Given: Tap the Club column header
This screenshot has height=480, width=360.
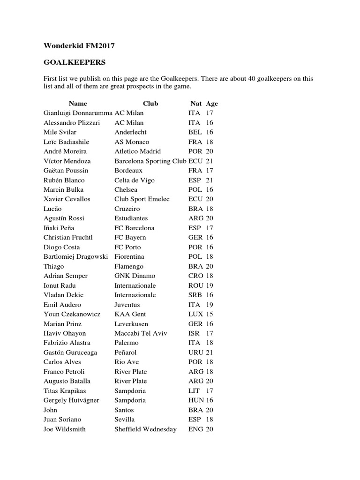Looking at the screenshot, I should coord(150,104).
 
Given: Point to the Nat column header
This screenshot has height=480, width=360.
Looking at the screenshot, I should coord(196,104).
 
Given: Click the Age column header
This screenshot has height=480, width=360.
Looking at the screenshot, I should coord(212,104).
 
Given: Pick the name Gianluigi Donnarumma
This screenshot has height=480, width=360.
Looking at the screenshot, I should coord(78,113).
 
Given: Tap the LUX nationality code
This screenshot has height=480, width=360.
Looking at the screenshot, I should coord(195,314).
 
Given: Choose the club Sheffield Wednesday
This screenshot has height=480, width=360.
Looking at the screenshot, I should coord(145,429).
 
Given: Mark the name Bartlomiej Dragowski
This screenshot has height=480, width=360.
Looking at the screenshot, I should coord(75,256).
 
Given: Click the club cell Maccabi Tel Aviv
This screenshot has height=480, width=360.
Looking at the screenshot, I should coord(141,333).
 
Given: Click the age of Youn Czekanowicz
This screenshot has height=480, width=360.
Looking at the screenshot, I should coord(209,314).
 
